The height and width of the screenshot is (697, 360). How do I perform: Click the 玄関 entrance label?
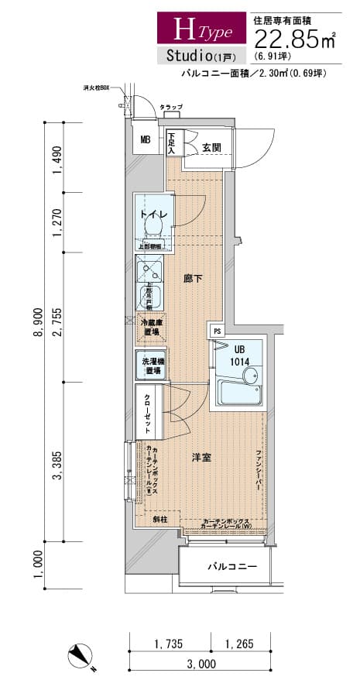pyautogui.click(x=211, y=147)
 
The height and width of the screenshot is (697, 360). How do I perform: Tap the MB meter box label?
pyautogui.click(x=146, y=140)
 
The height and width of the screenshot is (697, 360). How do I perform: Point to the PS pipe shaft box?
pyautogui.click(x=217, y=331)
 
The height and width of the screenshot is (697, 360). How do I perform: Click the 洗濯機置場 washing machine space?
pyautogui.click(x=151, y=366)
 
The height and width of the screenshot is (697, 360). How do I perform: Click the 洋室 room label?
pyautogui.click(x=202, y=458)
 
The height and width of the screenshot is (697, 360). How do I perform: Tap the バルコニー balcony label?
pyautogui.click(x=231, y=567)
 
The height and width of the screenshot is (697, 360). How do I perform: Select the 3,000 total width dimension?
pyautogui.click(x=200, y=664)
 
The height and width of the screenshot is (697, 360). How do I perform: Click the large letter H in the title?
pyautogui.click(x=184, y=29)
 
